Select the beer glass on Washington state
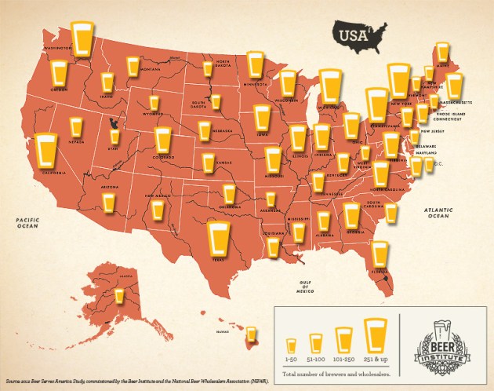[x=82, y=36]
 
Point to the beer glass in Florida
[x=380, y=253]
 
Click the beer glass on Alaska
[x=119, y=296]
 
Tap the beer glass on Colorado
[x=163, y=140]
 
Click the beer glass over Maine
[x=443, y=53]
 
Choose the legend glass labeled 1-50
[x=292, y=345]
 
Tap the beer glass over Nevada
[x=75, y=126]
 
